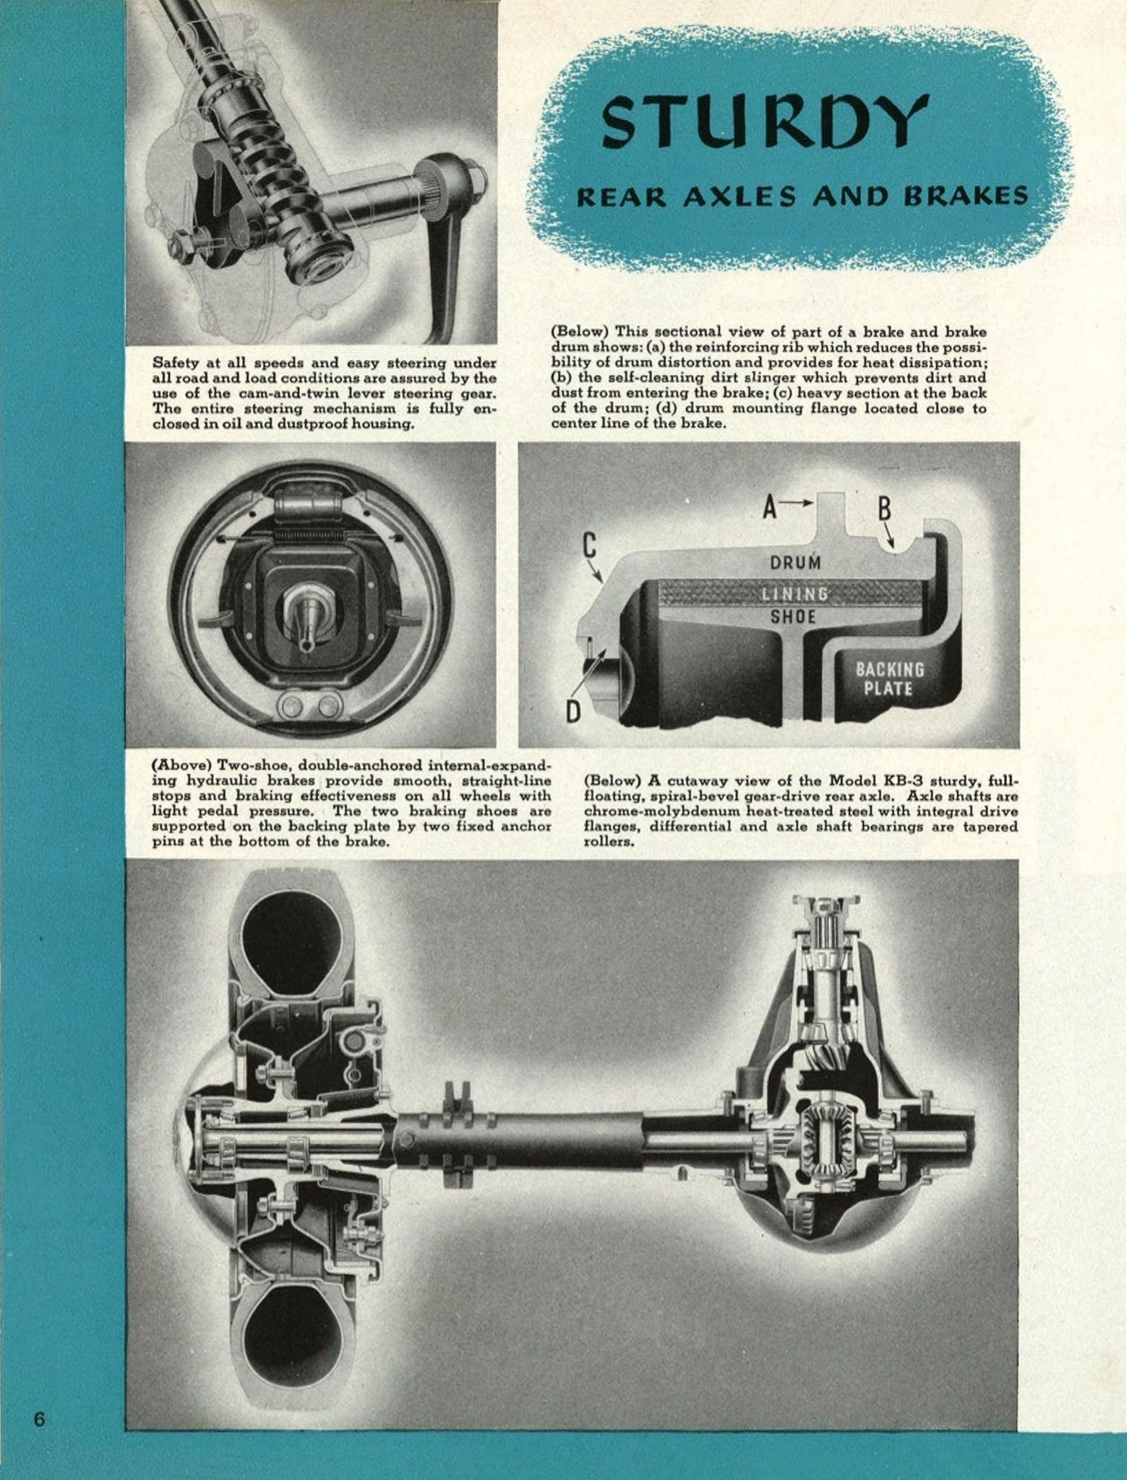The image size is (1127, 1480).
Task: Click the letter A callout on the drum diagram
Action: (x=771, y=509)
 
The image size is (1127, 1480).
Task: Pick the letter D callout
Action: (x=573, y=712)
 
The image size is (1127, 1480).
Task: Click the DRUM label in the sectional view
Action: (x=795, y=562)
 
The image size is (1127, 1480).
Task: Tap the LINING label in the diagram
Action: (x=794, y=594)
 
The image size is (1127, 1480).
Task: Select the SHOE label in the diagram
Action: (x=793, y=616)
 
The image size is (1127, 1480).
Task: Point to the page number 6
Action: (x=39, y=1419)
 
